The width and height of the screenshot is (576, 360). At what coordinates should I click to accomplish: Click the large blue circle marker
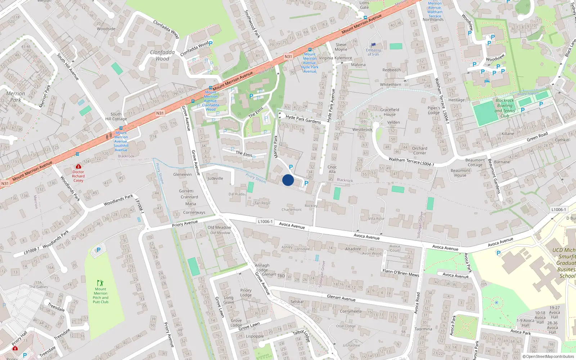[288, 180]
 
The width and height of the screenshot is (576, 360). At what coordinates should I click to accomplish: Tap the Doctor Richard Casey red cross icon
[78, 166]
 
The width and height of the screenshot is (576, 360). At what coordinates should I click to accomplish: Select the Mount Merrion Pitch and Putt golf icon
[100, 283]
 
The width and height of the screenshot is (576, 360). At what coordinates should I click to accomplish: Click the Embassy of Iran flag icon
[373, 45]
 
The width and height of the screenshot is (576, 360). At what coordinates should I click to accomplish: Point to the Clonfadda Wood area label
[162, 55]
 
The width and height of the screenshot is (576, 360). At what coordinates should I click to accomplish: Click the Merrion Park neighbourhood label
[15, 96]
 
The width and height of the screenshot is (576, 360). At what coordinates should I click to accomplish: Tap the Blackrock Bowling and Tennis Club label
[505, 108]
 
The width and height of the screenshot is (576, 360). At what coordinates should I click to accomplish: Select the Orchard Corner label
[419, 150]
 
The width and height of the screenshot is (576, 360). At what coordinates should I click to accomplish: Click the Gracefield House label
[390, 112]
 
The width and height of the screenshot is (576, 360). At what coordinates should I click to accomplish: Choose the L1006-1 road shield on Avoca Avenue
[265, 221]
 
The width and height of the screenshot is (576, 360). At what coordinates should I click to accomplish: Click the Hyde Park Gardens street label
[303, 119]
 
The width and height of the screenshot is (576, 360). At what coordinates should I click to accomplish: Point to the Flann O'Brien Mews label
[401, 273]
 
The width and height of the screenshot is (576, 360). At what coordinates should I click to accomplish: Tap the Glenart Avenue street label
[341, 298]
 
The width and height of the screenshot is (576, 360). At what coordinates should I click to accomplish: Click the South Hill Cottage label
[116, 116]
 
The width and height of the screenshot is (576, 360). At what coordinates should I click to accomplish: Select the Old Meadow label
[219, 228]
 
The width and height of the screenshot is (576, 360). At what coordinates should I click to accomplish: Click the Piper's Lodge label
[434, 110]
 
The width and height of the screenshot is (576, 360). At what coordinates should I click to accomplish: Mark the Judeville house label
[215, 179]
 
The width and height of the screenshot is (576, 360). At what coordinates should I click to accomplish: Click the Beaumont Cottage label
[475, 162]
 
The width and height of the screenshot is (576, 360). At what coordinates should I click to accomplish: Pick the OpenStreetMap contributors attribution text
[548, 356]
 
